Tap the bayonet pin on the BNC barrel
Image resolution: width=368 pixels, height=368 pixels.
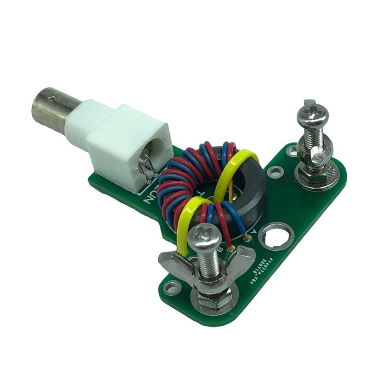pyautogui.click(x=55, y=98)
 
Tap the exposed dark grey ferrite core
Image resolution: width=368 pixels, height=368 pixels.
pyautogui.click(x=253, y=193)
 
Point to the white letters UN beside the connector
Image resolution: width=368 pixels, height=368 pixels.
pyautogui.click(x=150, y=196)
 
